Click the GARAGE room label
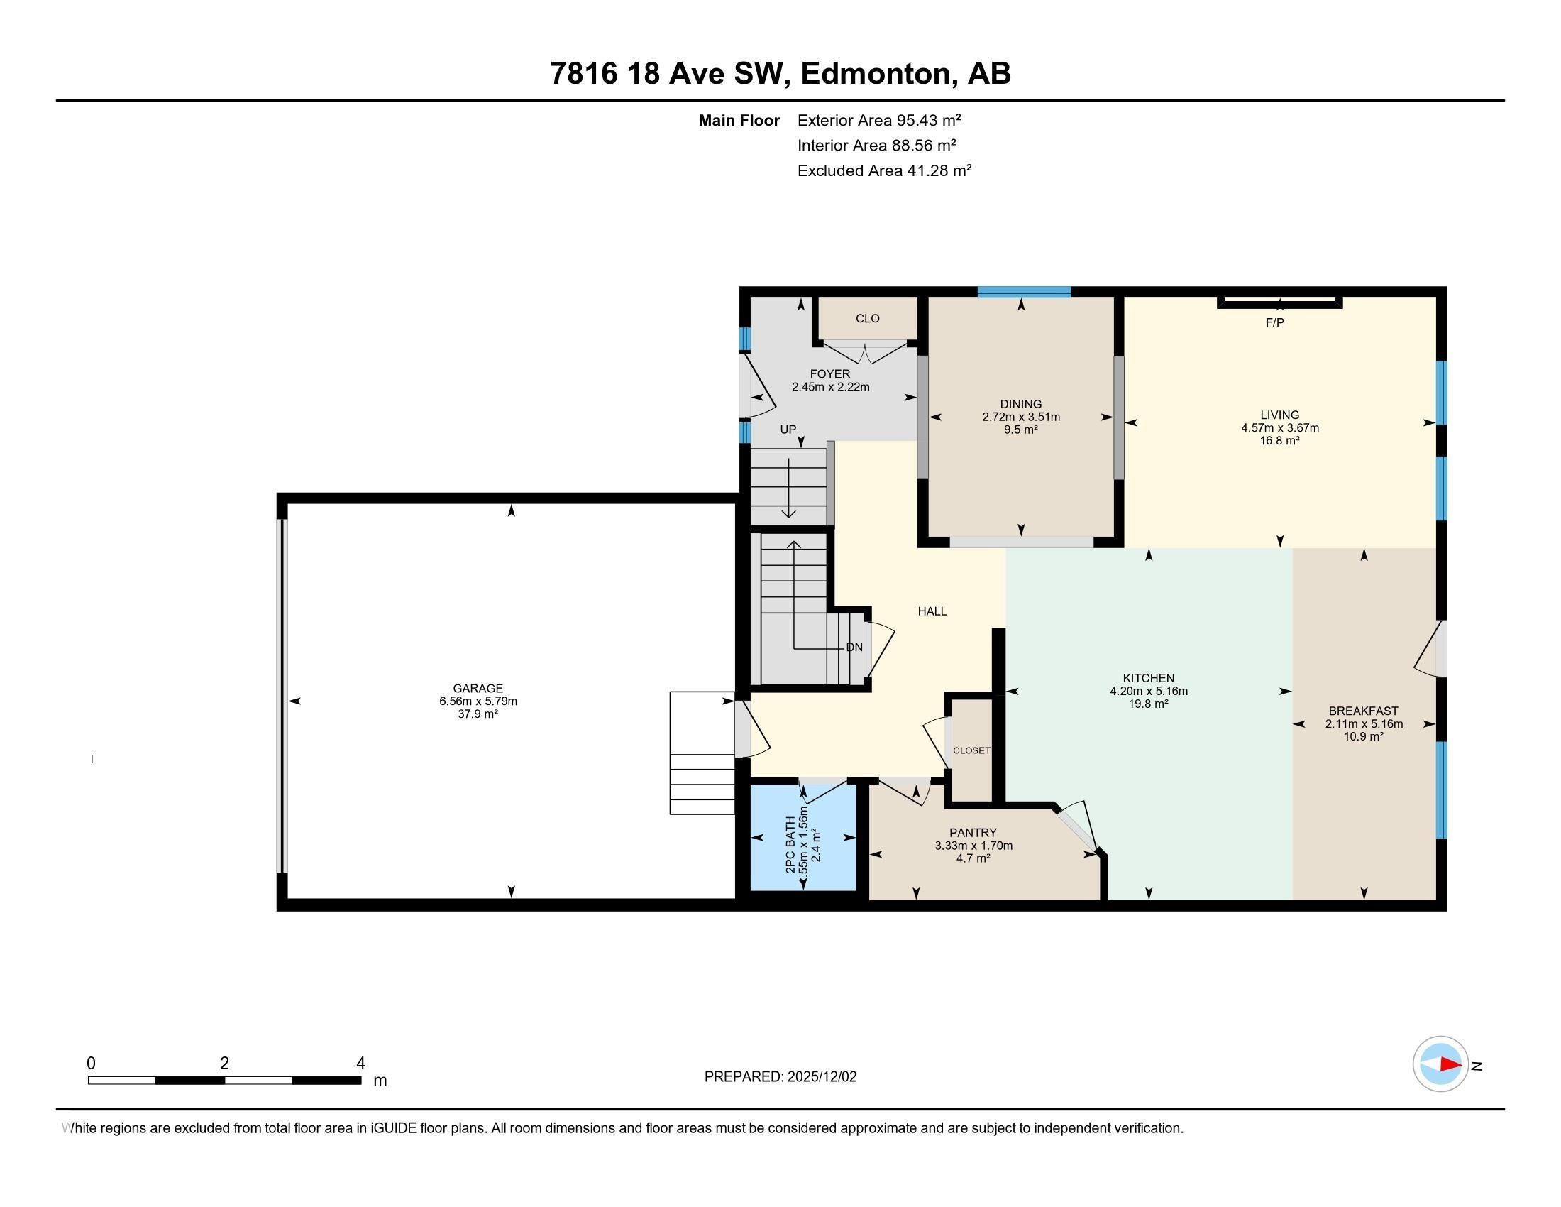point(478,689)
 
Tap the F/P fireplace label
point(1274,322)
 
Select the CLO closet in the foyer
point(867,318)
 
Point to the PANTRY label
point(973,832)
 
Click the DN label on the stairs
point(854,647)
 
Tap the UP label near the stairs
point(788,430)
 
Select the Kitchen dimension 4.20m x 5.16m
point(1149,691)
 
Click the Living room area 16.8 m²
point(1279,440)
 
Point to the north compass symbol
point(1440,1064)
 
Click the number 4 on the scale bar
point(360,1064)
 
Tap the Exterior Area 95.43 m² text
point(878,120)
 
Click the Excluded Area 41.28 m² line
point(884,170)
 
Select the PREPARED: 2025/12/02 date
point(780,1077)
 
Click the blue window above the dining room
point(1023,292)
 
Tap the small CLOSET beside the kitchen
point(971,750)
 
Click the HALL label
point(932,611)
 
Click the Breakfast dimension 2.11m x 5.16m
point(1364,723)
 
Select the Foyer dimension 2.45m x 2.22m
point(830,387)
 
